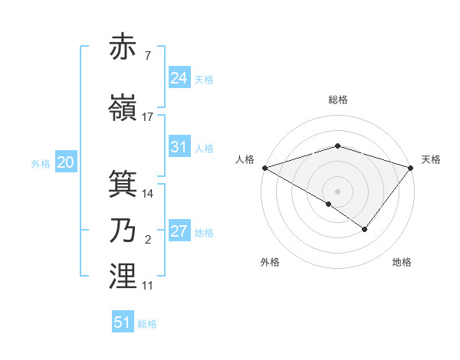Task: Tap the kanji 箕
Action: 123,184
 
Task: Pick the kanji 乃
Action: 123,231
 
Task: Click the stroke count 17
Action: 148,117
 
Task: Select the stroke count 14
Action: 148,194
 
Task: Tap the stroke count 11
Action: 148,286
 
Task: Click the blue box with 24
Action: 179,78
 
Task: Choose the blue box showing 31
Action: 179,147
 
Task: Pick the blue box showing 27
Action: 179,231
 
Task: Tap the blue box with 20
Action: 66,162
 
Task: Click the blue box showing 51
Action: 123,322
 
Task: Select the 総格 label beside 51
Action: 147,324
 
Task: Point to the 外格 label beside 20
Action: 41,164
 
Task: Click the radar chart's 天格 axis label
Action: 431,159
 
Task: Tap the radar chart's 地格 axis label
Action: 402,263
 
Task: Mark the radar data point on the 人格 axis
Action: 264,167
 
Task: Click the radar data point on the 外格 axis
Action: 329,204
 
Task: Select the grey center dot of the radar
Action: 337,191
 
